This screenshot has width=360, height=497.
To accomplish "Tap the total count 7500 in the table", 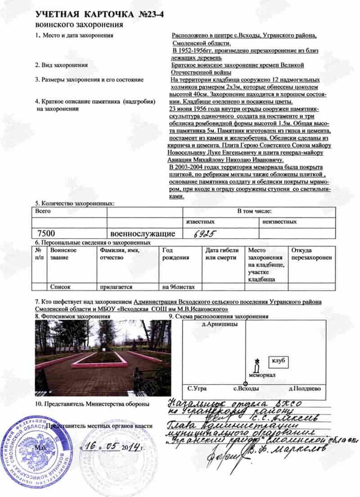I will point(47,233).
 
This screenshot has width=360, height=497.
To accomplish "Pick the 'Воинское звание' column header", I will point(63,254).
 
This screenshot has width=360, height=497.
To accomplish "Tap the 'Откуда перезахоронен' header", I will point(311,254).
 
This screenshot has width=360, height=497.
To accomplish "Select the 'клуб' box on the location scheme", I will point(279,361).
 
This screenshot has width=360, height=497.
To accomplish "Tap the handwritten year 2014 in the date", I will point(129,449).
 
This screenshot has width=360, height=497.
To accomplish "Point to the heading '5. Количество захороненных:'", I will point(75,203).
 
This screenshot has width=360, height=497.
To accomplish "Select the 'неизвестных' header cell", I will point(279,221).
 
